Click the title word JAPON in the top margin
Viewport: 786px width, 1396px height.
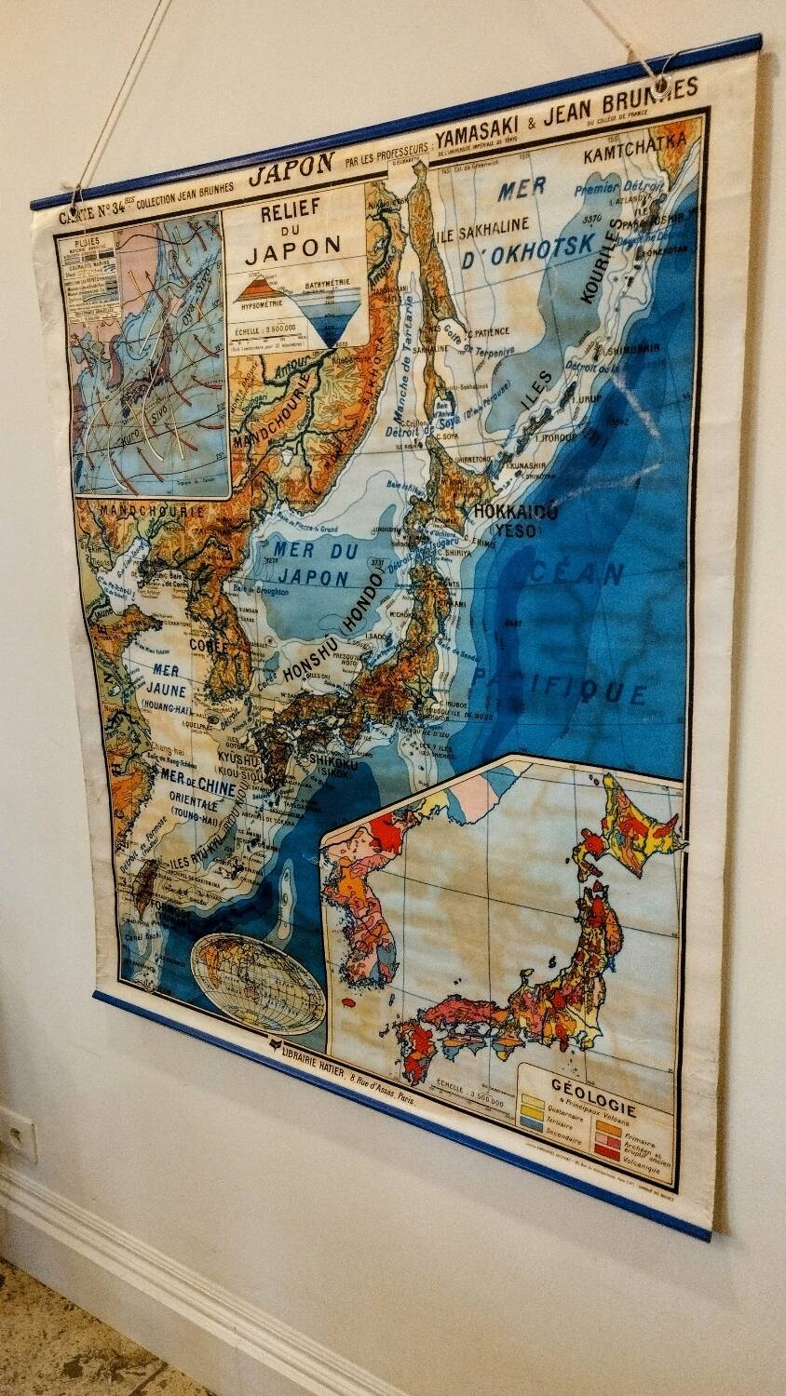coord(291,165)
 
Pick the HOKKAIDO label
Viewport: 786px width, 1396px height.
coord(515,513)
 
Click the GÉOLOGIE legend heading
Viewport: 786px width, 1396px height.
coord(593,1085)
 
